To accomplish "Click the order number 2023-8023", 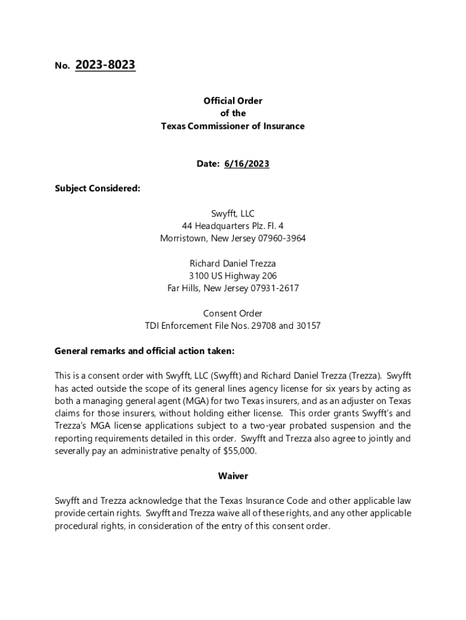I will [105, 65].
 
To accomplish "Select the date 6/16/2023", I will [246, 164].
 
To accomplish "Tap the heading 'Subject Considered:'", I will [97, 188].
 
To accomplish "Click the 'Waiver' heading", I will [233, 476].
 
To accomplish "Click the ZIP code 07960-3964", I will [281, 238].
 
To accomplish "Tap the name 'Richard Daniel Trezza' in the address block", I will [233, 263].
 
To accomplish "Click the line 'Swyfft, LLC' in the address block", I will [233, 213].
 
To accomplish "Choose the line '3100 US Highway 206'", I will [233, 276].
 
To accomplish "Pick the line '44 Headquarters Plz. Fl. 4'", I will [233, 226].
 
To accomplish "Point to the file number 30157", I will [308, 326].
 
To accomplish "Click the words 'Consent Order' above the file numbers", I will [233, 313].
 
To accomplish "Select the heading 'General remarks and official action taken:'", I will [144, 351].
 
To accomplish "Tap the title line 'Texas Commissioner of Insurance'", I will [233, 126].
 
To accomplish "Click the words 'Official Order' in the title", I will [233, 101].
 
